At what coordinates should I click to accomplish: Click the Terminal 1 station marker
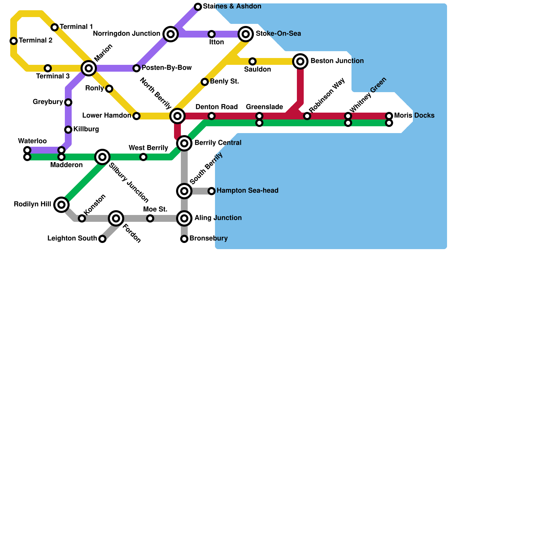[55, 27]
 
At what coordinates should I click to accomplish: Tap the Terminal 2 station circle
[14, 41]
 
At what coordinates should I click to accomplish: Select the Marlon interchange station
[89, 68]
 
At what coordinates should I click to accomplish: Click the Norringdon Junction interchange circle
[171, 34]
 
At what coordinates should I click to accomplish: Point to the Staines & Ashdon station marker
[198, 7]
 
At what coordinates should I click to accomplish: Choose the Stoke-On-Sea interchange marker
[246, 34]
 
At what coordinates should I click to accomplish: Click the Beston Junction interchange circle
[300, 61]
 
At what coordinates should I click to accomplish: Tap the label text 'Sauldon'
[258, 70]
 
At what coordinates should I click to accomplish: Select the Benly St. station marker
[205, 82]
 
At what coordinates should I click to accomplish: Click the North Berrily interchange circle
[177, 116]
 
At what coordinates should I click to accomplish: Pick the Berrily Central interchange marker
[184, 143]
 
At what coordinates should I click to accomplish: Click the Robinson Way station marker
[307, 116]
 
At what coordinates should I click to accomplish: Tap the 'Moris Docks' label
[414, 116]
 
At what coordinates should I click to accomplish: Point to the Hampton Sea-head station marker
[212, 191]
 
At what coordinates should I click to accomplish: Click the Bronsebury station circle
[184, 239]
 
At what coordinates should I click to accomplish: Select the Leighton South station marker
[102, 239]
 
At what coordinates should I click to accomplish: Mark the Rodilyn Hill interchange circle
[61, 205]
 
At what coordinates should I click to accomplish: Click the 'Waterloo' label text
[32, 141]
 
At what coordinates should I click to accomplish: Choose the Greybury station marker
[68, 102]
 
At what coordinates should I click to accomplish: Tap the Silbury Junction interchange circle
[102, 157]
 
